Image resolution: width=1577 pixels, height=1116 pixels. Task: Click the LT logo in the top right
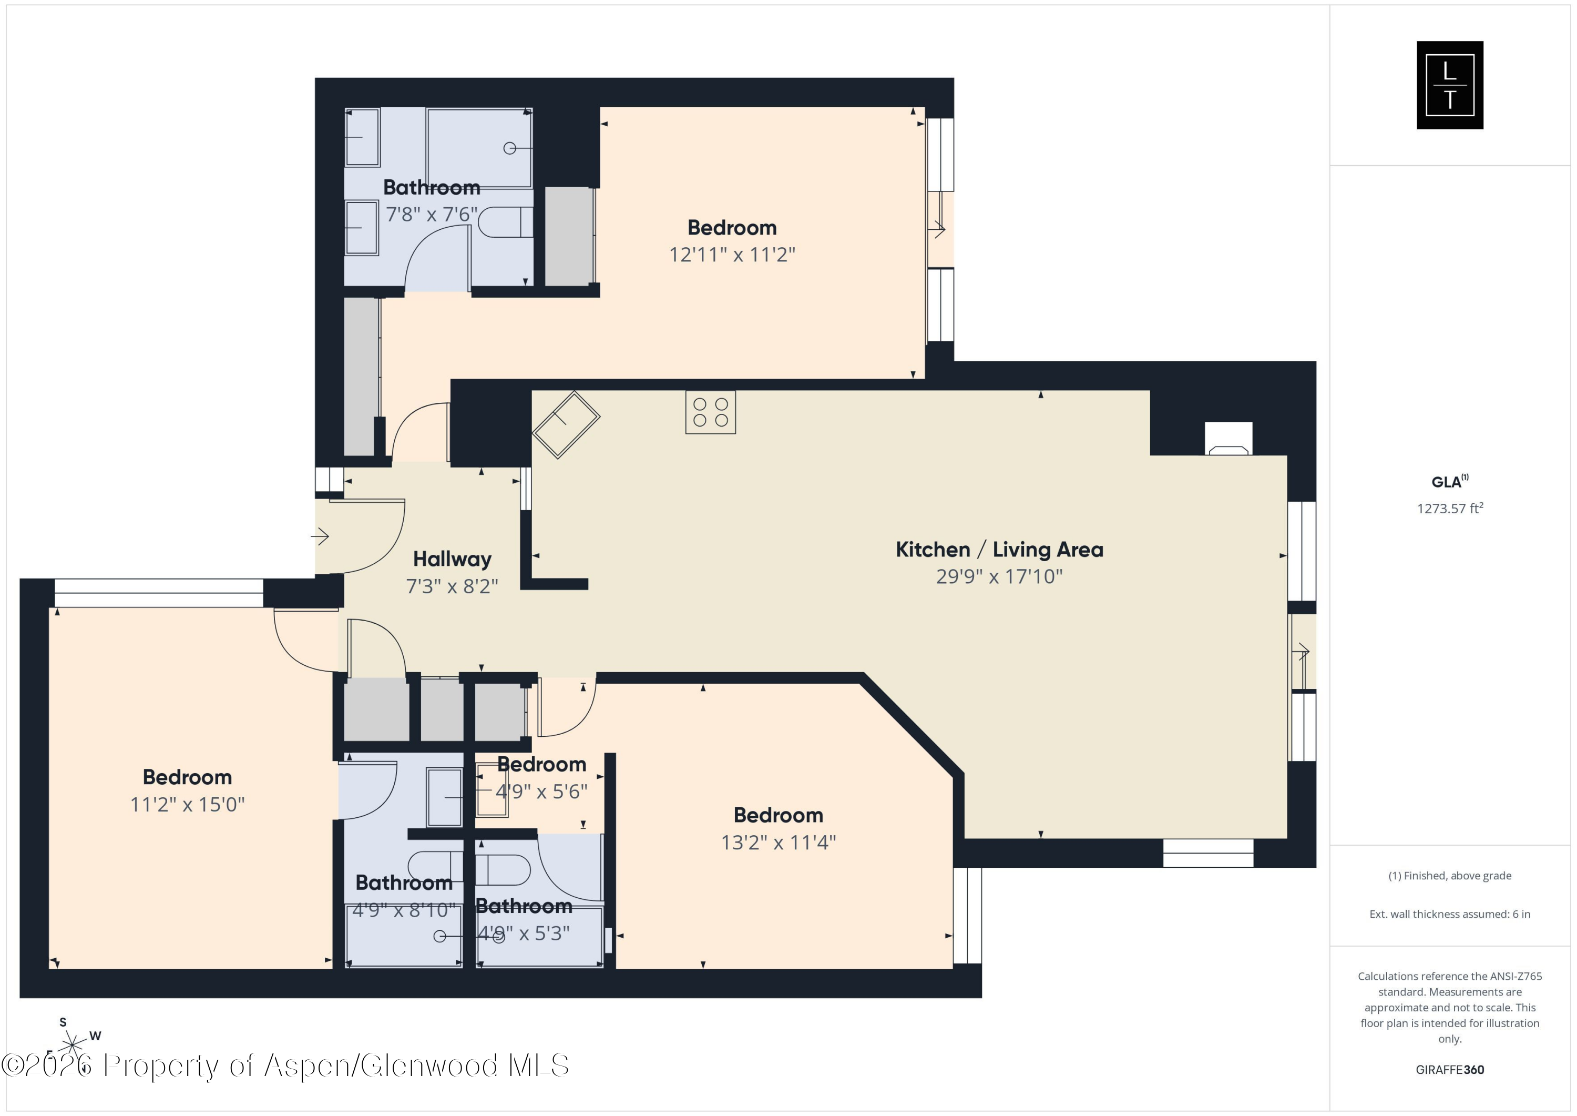coord(1449,85)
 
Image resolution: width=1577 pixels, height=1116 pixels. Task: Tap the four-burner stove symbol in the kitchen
coord(710,412)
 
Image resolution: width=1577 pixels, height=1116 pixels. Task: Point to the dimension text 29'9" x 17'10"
coord(999,576)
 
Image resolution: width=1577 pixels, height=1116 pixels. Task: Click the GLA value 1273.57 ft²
coord(1449,509)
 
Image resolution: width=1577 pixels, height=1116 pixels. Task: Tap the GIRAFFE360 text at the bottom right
coord(1449,1069)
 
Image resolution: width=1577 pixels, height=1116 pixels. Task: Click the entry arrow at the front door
coord(320,536)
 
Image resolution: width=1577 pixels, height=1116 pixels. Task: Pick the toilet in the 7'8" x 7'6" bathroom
coord(506,222)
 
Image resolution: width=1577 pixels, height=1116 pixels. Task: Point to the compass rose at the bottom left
coord(72,1045)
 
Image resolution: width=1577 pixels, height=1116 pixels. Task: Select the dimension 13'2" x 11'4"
coord(777,842)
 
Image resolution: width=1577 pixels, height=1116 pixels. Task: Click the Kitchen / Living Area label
coord(999,549)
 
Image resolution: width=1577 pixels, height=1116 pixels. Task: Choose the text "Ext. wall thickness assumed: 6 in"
coord(1449,914)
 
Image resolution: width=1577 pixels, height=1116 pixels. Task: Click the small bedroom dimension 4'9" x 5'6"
coord(541,791)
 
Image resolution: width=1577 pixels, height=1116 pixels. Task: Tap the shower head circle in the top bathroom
coord(510,148)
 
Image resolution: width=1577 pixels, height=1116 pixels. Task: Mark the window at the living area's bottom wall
coord(1207,853)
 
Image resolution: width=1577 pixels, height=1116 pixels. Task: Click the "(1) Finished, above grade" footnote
coord(1449,876)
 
